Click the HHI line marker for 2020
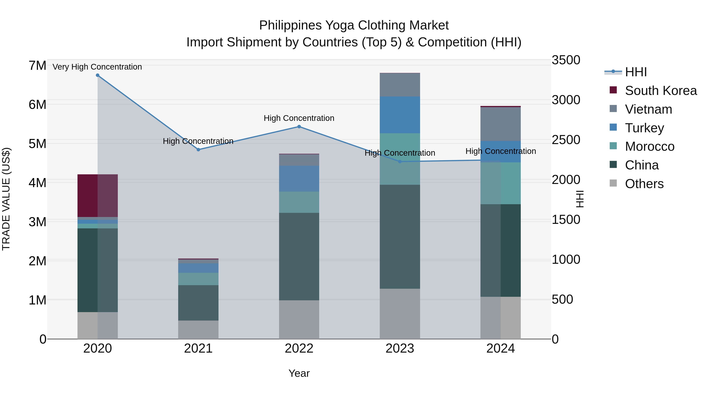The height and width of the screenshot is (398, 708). point(98,75)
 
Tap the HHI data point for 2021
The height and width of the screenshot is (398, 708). point(198,150)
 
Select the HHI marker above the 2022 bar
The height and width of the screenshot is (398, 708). point(299,127)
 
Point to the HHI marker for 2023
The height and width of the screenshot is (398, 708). point(400,162)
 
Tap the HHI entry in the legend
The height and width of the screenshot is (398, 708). point(635,72)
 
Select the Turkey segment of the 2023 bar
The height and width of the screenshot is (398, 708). point(400,115)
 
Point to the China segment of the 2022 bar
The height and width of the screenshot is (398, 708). point(299,256)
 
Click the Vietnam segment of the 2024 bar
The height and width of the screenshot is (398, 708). point(501,124)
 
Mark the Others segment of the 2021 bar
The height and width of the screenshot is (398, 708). point(198,330)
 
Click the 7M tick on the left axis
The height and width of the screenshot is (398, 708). point(37,66)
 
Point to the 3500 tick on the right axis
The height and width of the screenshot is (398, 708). point(566,60)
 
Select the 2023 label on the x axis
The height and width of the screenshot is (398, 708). point(400,348)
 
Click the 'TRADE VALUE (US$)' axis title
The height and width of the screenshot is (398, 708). point(6,199)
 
